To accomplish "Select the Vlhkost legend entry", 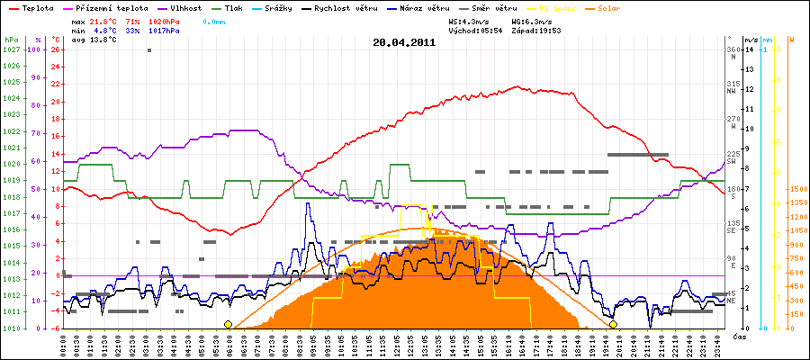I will click(x=184, y=6).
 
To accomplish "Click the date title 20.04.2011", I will click(x=404, y=41).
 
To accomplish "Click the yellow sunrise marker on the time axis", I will click(x=228, y=324).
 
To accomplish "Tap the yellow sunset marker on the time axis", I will click(x=613, y=324).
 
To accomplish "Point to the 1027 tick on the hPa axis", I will click(x=11, y=50).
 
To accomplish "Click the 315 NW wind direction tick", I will click(x=733, y=86).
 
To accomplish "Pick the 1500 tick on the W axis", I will click(x=797, y=189).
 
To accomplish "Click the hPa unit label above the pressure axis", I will click(x=11, y=40).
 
